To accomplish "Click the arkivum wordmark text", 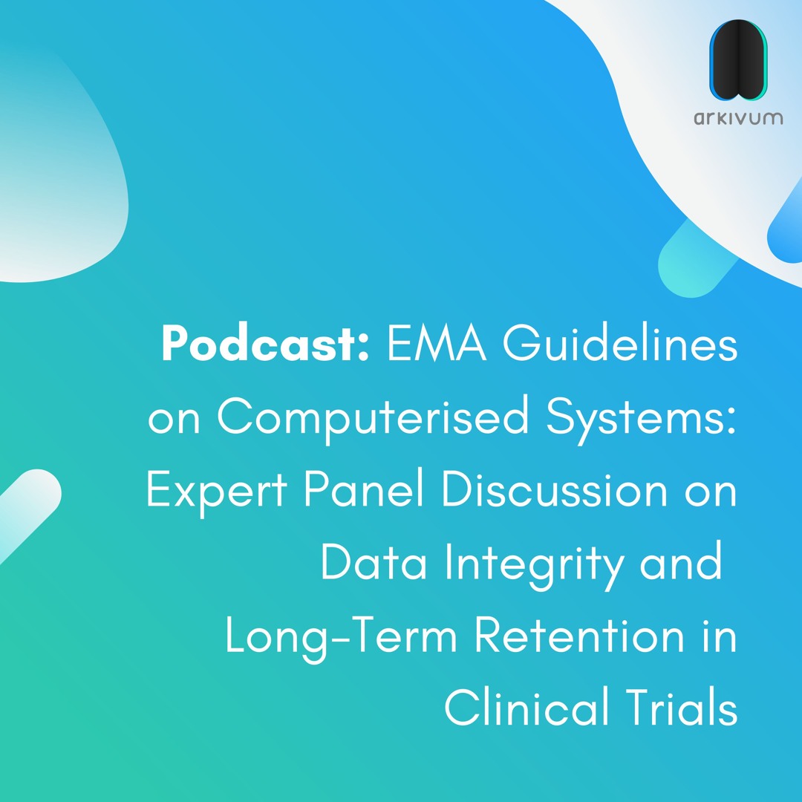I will pyautogui.click(x=737, y=117).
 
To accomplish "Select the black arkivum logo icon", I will pyautogui.click(x=737, y=60).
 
